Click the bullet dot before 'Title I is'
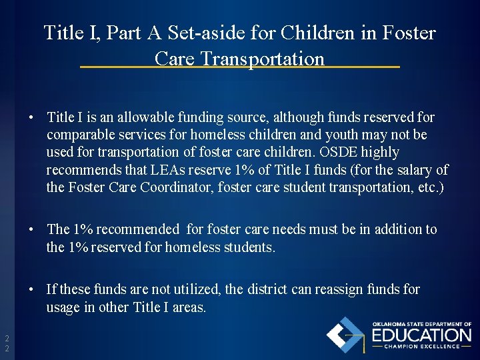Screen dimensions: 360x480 31,118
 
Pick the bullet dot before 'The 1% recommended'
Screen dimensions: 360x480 31,230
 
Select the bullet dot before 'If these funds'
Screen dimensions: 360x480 31,290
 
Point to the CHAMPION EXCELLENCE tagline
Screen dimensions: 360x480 421,347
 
